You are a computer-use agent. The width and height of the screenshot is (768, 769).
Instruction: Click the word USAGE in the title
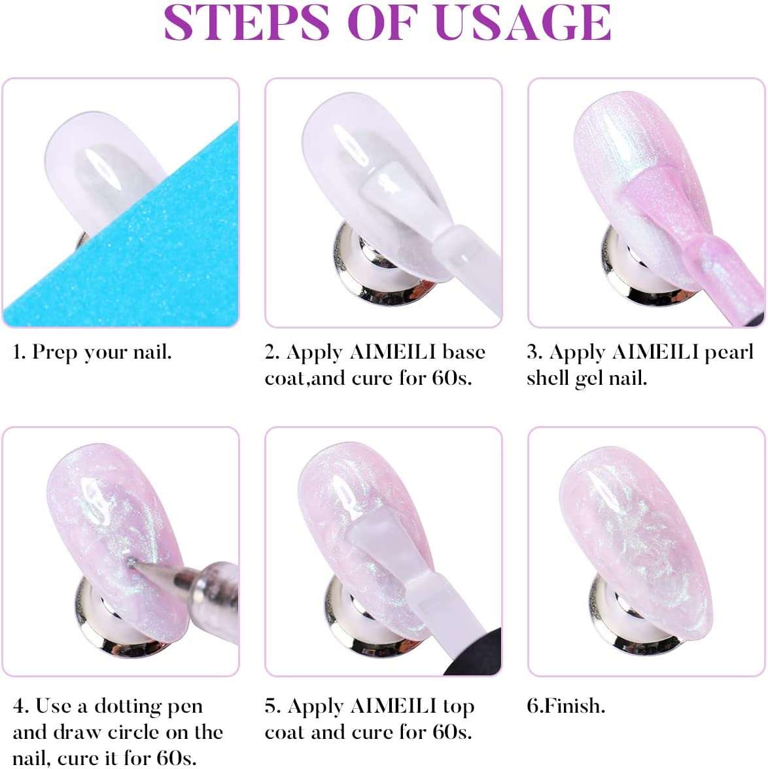(523, 22)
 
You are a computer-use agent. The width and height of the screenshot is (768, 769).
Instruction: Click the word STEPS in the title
(247, 22)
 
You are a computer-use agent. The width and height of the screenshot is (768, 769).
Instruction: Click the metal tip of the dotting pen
(131, 563)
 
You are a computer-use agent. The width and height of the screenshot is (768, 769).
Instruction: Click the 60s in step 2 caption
(451, 379)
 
